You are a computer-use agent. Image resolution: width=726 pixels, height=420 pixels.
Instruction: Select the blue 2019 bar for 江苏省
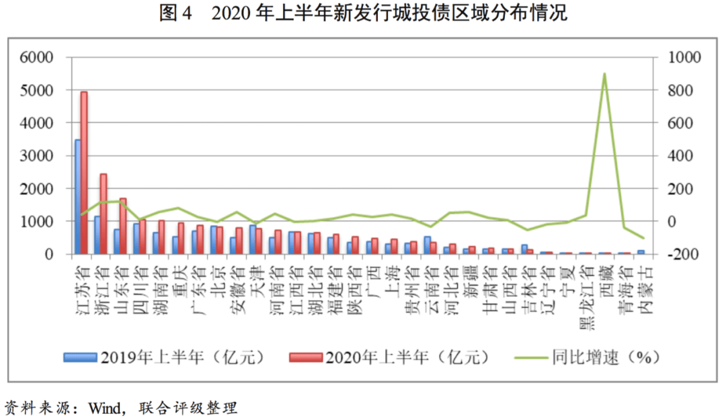tap(77, 197)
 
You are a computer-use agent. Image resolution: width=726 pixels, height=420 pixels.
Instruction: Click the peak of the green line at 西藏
tap(604, 74)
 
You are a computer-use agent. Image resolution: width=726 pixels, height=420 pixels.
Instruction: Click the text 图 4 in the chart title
tap(176, 13)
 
